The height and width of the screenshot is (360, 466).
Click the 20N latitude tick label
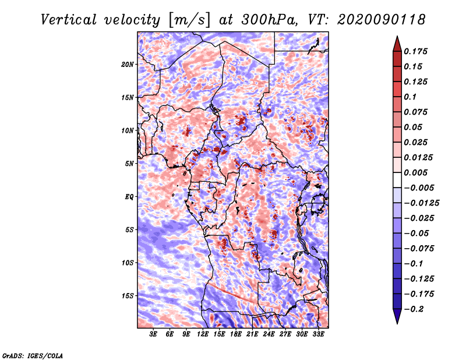[127, 65]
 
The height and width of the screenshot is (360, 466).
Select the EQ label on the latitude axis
[129, 197]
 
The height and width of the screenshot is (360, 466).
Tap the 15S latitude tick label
[128, 296]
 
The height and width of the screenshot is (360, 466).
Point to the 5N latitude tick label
[129, 164]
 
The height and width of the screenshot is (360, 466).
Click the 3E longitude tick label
[153, 334]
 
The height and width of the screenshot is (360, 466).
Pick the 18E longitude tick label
[236, 334]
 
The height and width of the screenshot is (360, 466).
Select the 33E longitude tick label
[318, 334]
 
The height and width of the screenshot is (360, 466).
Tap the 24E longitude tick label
[269, 334]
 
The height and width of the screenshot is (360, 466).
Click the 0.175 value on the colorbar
[415, 51]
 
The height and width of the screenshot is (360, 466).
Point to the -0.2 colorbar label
[414, 309]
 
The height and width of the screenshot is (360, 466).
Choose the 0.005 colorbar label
[415, 172]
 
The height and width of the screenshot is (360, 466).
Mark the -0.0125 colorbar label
[421, 203]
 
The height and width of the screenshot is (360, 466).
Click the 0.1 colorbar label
[410, 97]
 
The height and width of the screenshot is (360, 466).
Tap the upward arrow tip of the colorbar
[397, 36]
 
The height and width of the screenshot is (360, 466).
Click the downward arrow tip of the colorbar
[397, 323]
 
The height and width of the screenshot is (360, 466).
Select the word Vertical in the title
[68, 20]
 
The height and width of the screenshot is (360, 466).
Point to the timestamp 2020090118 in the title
[382, 20]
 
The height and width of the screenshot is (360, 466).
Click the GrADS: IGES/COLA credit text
[33, 355]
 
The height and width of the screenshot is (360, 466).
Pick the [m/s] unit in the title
[189, 20]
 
